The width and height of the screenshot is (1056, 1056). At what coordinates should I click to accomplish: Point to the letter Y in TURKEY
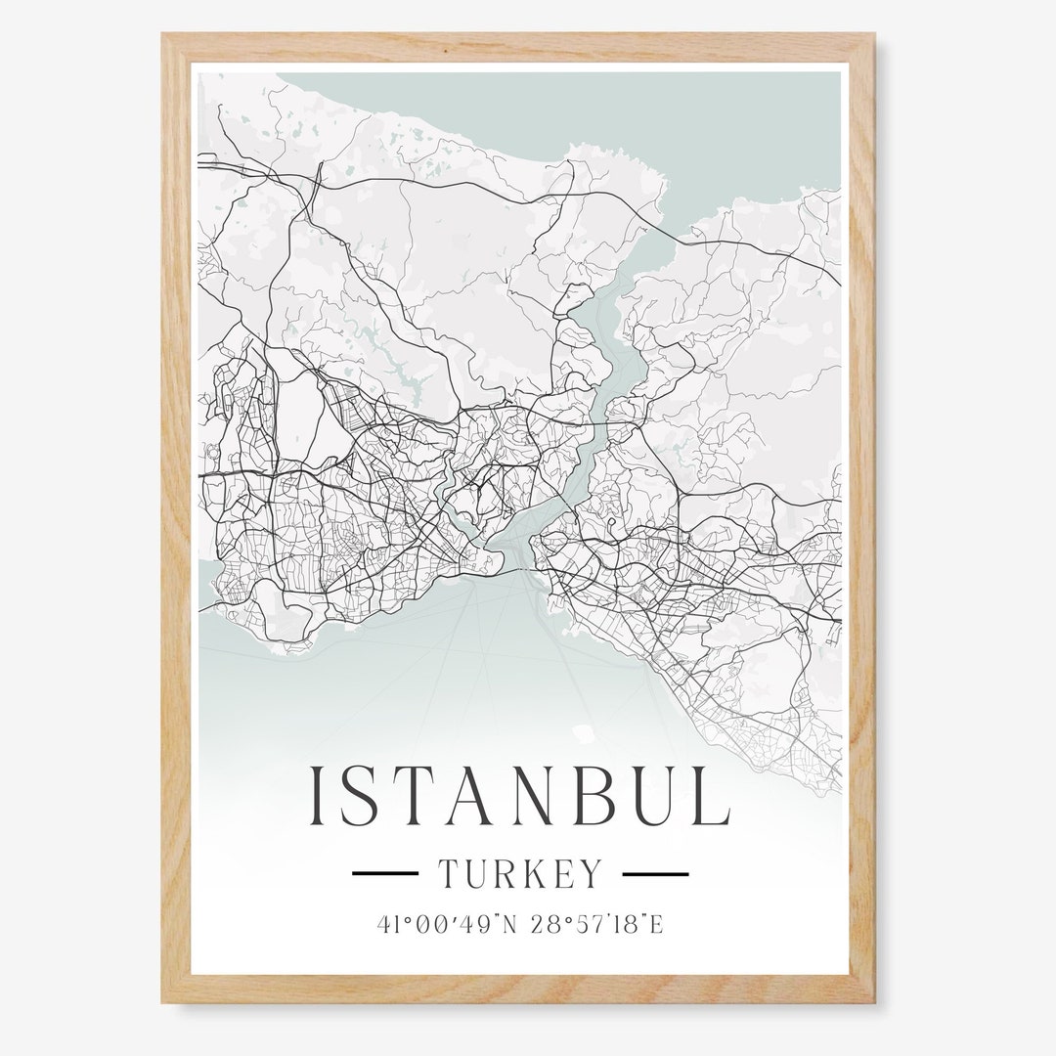pyautogui.click(x=591, y=873)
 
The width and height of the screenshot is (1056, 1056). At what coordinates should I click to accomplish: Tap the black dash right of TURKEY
pyautogui.click(x=655, y=873)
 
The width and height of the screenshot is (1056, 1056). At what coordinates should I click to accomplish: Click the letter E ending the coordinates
pyautogui.click(x=657, y=924)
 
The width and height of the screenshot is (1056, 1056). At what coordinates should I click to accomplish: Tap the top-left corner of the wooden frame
pyautogui.click(x=164, y=36)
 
